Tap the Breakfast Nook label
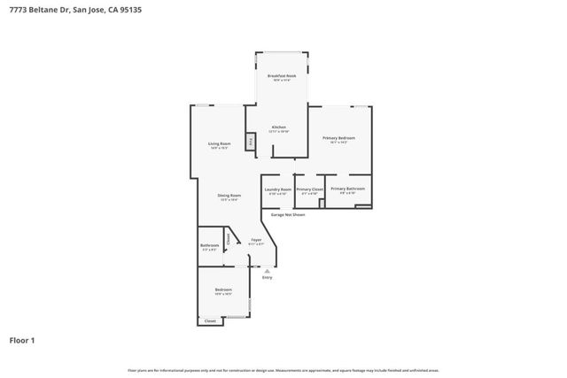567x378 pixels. click(x=282, y=77)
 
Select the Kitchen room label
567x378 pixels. click(x=279, y=128)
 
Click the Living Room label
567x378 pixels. click(x=220, y=144)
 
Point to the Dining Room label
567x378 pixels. click(x=230, y=197)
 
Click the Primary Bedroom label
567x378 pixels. click(x=339, y=139)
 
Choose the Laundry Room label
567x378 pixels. click(x=278, y=189)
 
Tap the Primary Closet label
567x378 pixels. click(x=309, y=189)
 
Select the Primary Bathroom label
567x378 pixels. click(x=347, y=189)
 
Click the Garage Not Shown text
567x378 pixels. click(x=288, y=214)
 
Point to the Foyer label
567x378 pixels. click(x=255, y=241)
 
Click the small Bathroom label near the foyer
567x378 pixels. click(x=210, y=246)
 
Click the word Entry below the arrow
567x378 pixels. click(x=267, y=277)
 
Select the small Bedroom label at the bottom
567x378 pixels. click(x=223, y=290)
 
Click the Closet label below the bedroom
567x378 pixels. click(x=210, y=320)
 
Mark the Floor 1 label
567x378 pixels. click(x=22, y=340)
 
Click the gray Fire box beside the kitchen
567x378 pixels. click(x=251, y=142)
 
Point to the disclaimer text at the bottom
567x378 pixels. click(x=283, y=370)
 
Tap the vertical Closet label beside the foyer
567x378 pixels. click(x=228, y=237)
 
